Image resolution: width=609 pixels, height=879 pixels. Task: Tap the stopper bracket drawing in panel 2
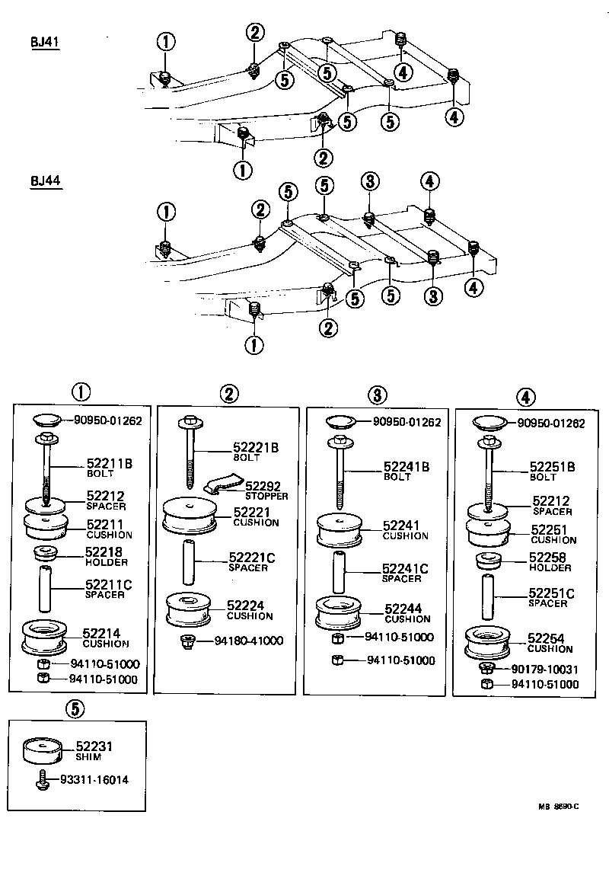pyautogui.click(x=223, y=485)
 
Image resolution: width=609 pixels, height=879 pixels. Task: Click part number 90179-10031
pyautogui.click(x=544, y=669)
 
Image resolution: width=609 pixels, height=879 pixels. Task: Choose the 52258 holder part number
pyautogui.click(x=549, y=558)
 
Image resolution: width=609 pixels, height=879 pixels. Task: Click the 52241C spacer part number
pyautogui.click(x=404, y=568)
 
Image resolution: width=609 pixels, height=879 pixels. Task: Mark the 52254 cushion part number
pyautogui.click(x=549, y=639)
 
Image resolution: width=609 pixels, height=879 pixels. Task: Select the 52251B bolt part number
pyautogui.click(x=552, y=467)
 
